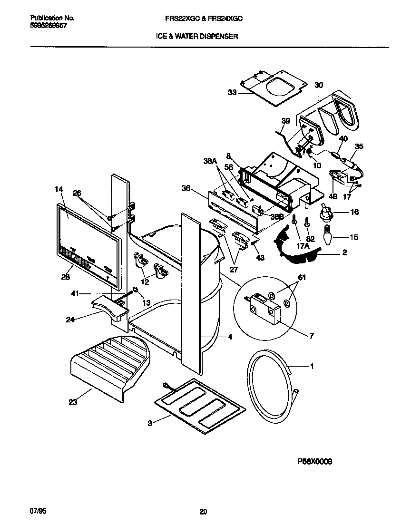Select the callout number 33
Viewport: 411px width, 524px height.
point(232,93)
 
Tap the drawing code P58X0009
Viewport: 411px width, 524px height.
point(314,461)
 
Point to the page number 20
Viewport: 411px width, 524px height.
point(203,512)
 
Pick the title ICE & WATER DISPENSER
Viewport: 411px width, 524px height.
point(197,36)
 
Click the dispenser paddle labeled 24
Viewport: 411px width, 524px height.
point(110,305)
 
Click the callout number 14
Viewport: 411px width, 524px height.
point(59,189)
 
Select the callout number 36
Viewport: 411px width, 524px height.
point(186,188)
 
